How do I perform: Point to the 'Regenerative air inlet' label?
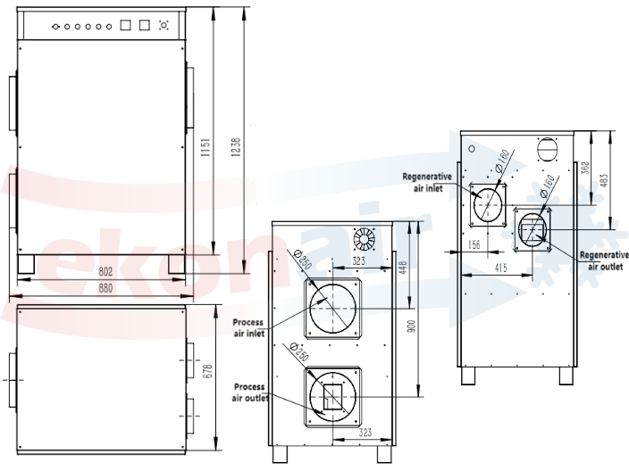(x=428, y=181)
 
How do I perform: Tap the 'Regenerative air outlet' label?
(x=603, y=260)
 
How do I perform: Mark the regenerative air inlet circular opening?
(x=488, y=204)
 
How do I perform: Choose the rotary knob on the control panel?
(x=163, y=25)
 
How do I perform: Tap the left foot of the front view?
(x=27, y=264)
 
